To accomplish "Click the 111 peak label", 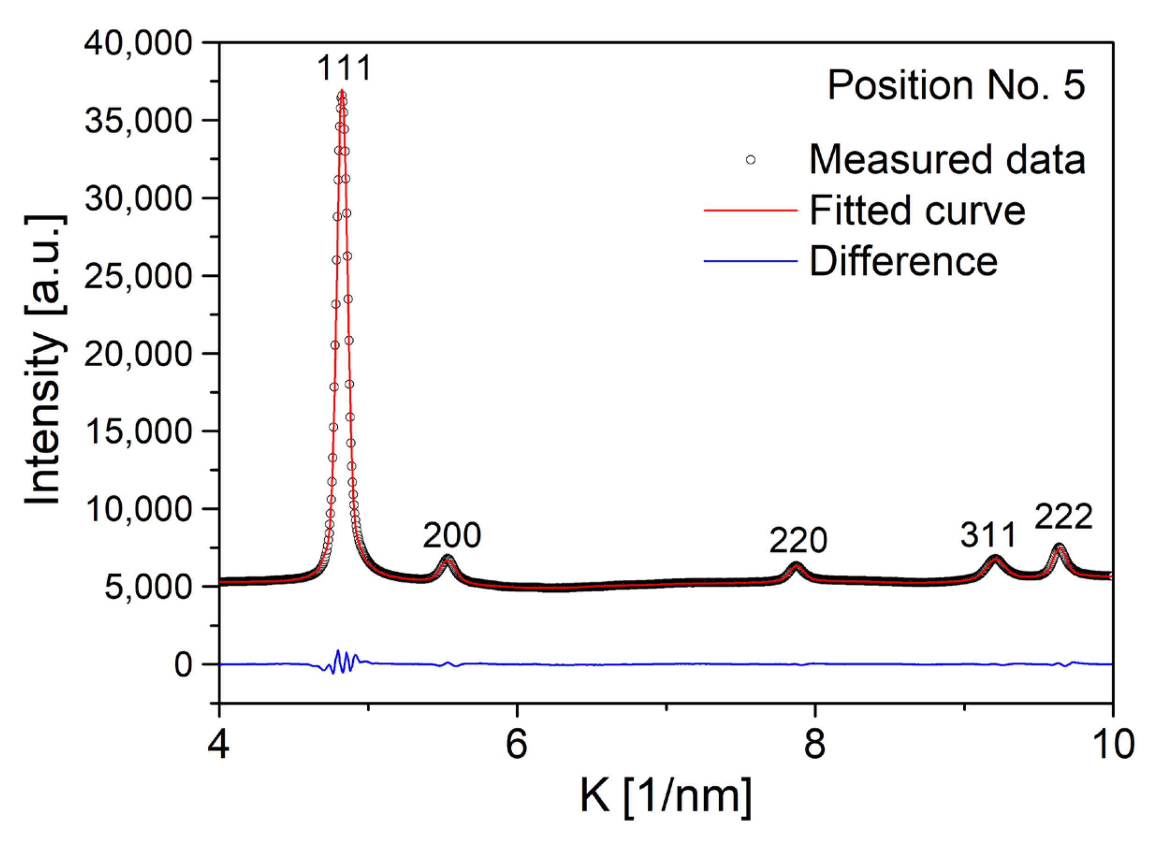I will [344, 68].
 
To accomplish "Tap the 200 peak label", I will [452, 536].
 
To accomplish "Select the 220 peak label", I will [798, 540].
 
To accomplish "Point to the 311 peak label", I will [988, 535].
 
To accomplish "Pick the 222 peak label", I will [1063, 517].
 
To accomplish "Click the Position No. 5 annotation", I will [956, 85].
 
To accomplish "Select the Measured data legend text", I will [947, 160].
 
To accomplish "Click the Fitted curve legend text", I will [917, 210].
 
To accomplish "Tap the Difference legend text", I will [904, 261].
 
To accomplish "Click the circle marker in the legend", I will [751, 160].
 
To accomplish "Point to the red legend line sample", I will [750, 210].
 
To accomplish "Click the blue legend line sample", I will [750, 261].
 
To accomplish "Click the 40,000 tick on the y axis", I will [138, 43].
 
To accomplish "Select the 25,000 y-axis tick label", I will [138, 276].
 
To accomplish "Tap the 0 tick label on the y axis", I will [183, 665].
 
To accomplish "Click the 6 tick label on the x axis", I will [517, 744].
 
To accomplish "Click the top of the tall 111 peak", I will [342, 92].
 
